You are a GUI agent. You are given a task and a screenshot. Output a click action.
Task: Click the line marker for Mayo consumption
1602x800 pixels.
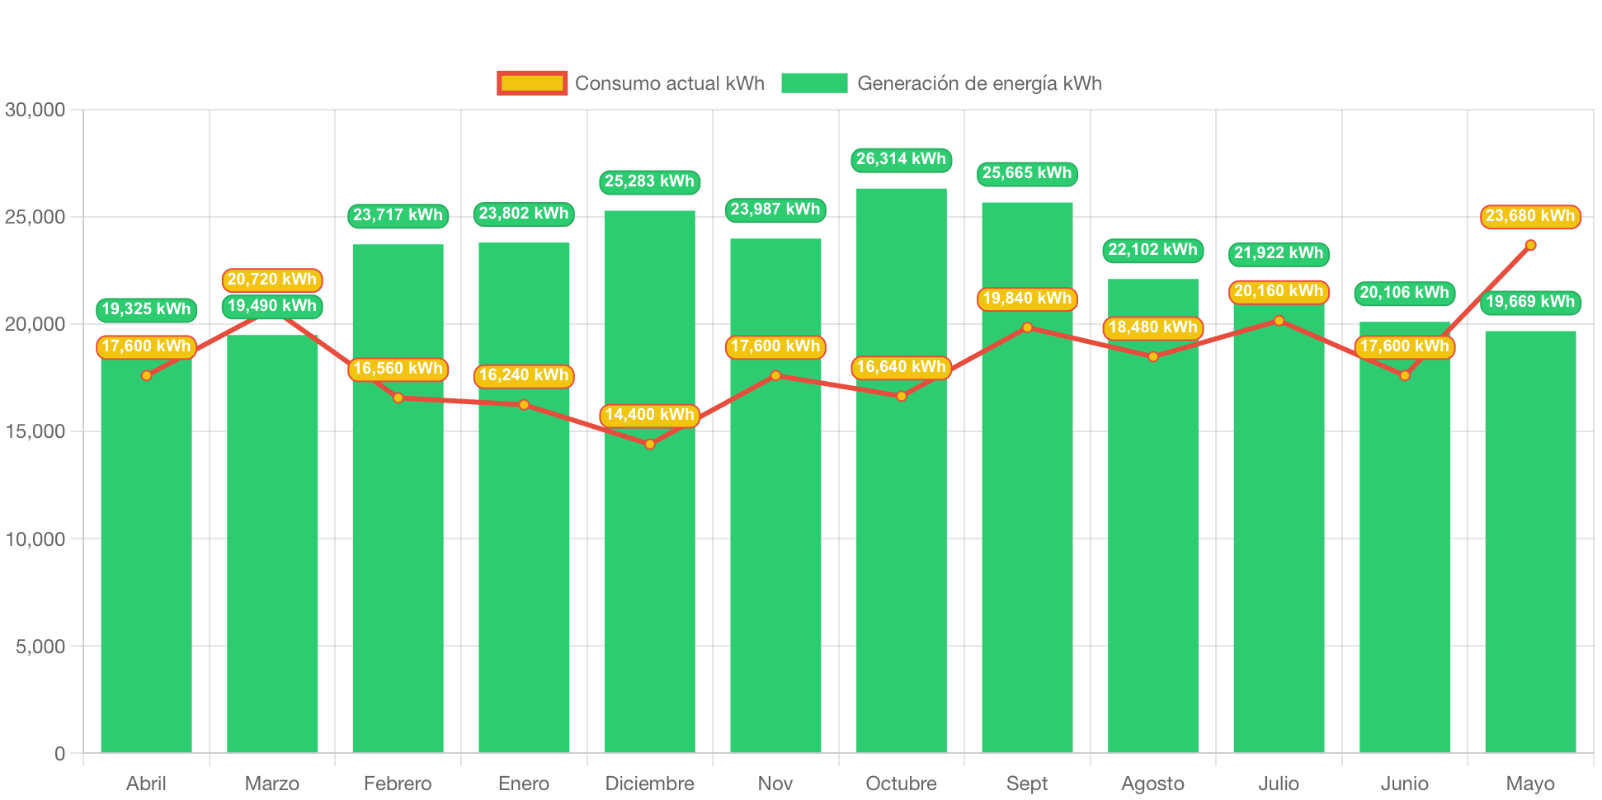[x=1530, y=245]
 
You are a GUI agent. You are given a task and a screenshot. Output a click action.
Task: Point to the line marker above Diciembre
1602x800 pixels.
[x=650, y=445]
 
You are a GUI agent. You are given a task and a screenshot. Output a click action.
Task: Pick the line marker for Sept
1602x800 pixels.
[x=1027, y=327]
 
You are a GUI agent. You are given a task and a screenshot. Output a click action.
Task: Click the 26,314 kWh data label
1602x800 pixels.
[x=901, y=159]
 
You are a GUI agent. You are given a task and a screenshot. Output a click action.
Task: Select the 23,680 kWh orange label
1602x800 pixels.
[x=1530, y=216]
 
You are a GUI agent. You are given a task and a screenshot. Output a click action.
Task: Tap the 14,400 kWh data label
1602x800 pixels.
[x=650, y=415]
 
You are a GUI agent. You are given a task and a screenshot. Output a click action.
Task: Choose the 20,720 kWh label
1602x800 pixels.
[x=272, y=280]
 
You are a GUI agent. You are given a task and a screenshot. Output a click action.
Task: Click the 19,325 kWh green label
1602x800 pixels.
[x=146, y=309]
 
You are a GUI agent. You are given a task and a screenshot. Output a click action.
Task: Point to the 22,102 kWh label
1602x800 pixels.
[x=1152, y=250]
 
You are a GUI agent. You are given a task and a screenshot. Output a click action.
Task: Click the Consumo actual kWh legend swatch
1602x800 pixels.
[x=532, y=83]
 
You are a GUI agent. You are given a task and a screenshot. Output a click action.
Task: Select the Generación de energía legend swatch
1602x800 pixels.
[x=814, y=83]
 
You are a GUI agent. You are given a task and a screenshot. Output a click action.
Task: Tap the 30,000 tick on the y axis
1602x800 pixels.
[x=35, y=110]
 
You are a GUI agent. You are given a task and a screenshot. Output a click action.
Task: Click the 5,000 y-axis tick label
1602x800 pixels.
[x=40, y=647]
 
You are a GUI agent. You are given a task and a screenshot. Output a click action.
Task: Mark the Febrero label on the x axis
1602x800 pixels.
[x=398, y=784]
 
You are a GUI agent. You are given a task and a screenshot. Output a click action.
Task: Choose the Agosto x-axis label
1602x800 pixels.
[x=1152, y=784]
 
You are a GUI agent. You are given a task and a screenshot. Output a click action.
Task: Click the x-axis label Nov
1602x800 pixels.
[x=775, y=784]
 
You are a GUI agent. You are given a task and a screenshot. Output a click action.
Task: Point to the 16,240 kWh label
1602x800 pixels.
[x=524, y=375]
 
